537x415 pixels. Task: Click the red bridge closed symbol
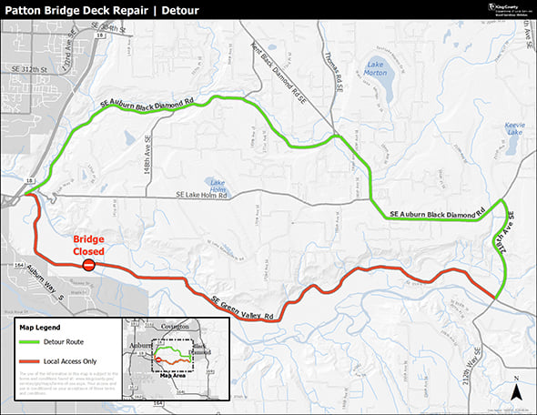click(88, 265)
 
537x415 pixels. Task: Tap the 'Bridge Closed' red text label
click(89, 246)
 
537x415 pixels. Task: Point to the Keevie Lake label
click(515, 128)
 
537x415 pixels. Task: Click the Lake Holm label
click(217, 186)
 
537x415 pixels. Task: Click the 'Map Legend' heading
click(44, 325)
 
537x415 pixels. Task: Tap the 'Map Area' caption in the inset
click(172, 374)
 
